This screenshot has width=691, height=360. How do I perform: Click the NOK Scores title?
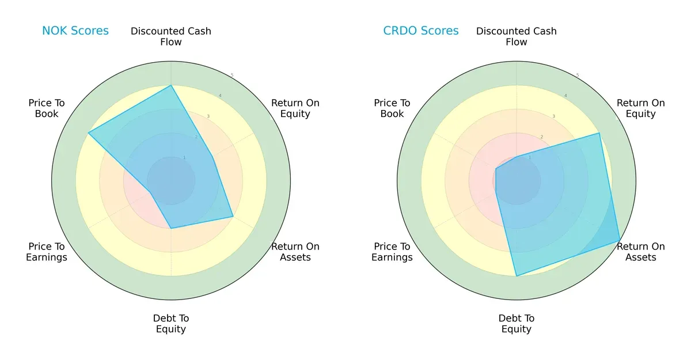(75, 31)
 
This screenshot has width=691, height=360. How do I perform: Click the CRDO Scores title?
(421, 31)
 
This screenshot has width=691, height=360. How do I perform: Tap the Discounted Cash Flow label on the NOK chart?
(171, 36)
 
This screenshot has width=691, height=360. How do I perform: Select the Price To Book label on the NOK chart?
(47, 108)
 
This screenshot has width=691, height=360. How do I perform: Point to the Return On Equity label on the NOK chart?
(295, 108)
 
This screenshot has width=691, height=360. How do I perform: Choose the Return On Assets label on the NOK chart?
(295, 252)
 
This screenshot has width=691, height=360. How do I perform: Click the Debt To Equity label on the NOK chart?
(171, 324)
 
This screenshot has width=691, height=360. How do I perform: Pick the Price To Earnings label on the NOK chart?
(47, 252)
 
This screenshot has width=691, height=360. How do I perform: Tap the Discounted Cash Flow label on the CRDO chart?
(517, 36)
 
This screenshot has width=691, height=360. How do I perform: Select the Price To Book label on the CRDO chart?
(392, 108)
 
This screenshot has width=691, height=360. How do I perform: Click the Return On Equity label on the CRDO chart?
(640, 108)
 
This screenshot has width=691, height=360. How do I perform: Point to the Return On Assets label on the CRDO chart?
(640, 252)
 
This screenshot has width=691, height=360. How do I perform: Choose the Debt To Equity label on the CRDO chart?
(517, 324)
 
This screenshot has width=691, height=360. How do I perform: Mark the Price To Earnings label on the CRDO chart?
(392, 252)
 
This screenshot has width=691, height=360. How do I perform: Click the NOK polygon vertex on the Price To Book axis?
(88, 133)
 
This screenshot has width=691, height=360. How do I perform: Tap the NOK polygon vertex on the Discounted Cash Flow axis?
(171, 86)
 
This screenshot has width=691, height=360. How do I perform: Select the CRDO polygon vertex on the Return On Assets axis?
(620, 240)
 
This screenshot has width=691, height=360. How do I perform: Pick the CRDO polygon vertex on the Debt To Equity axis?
(517, 276)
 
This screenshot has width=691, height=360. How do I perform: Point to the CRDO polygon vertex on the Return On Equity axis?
(599, 133)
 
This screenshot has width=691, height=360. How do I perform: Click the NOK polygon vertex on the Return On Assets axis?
(233, 217)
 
